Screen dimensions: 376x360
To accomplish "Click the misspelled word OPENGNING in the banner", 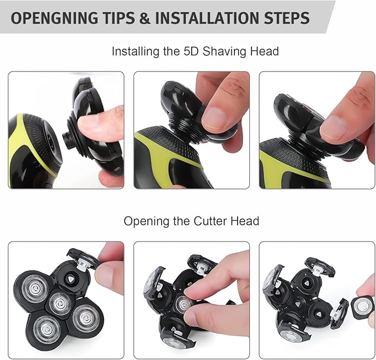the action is click(x=54, y=18).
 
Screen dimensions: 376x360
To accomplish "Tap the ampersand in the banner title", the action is click(x=145, y=18).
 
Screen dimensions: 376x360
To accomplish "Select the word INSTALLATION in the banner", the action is click(x=207, y=18).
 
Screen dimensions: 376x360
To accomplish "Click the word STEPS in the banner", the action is click(x=287, y=18).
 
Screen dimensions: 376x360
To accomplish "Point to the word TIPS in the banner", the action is click(x=119, y=18).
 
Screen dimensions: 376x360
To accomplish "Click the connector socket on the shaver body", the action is click(x=51, y=142).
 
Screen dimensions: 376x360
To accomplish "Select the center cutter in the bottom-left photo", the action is click(x=59, y=304).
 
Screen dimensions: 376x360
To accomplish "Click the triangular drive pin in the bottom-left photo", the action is click(x=70, y=279).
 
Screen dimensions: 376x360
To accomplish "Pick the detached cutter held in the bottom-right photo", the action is click(x=362, y=307).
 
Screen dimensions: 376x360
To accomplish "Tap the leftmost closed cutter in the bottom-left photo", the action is click(x=35, y=289).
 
